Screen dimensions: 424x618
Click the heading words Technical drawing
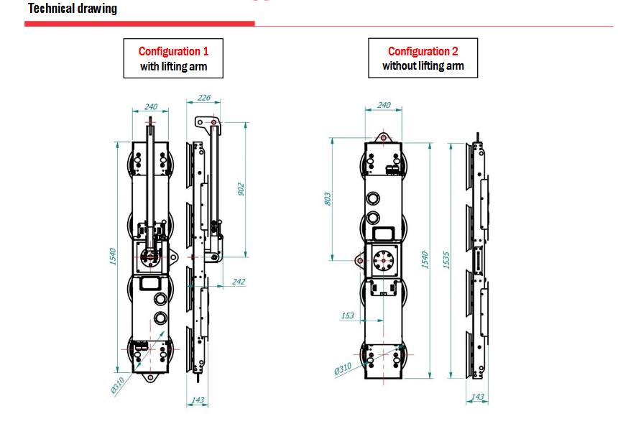tap(72, 9)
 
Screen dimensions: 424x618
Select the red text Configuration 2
tap(423, 51)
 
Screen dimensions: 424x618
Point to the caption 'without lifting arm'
tap(423, 66)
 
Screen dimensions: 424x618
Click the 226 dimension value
tap(204, 98)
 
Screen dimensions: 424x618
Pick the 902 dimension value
tap(241, 188)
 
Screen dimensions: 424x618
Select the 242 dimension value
tap(238, 282)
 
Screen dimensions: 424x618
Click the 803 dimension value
tap(328, 198)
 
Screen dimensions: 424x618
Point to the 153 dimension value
tap(347, 315)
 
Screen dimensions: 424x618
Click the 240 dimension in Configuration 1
tap(151, 106)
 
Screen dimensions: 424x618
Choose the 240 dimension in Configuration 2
tap(384, 105)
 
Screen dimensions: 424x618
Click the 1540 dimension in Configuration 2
tap(425, 259)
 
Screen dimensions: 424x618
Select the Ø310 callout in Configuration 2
tap(342, 369)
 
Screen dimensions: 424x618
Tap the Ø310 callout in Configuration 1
tap(117, 384)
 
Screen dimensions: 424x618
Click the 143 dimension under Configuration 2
tap(477, 397)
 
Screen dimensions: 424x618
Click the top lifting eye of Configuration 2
tap(382, 137)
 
